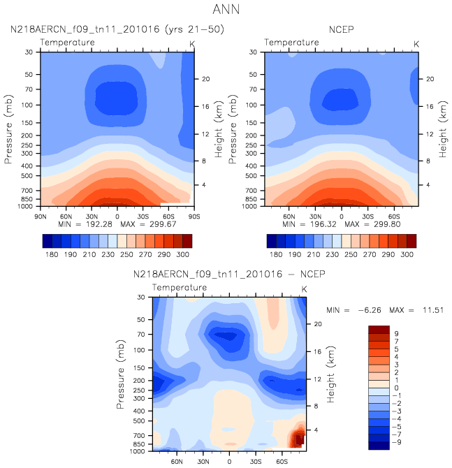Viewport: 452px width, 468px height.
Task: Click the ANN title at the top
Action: (226, 10)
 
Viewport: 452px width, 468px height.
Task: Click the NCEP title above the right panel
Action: (341, 30)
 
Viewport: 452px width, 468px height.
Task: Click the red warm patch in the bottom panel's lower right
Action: (298, 438)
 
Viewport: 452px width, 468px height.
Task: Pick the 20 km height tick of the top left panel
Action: (206, 79)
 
